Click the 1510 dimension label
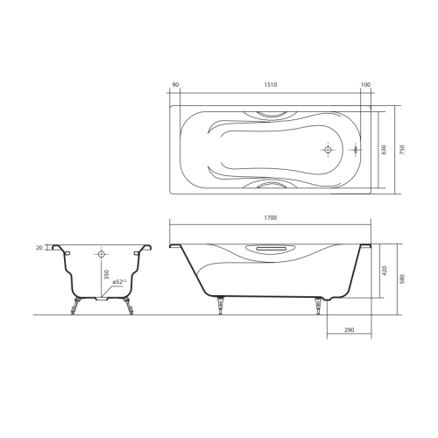(x=271, y=85)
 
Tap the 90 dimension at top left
(x=175, y=85)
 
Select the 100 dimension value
(x=365, y=85)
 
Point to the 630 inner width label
(x=384, y=150)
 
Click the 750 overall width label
(x=402, y=150)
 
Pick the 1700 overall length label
(x=271, y=217)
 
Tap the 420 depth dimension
(x=385, y=271)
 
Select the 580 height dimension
(x=403, y=279)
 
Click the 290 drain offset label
(x=349, y=330)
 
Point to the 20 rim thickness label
(x=39, y=248)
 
